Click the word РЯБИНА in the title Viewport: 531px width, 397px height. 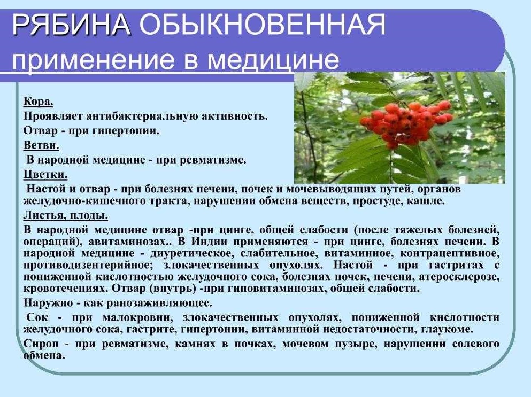[x=71, y=25]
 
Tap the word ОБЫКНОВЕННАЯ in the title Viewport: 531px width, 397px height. [x=262, y=25]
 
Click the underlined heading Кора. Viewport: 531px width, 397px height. [x=39, y=102]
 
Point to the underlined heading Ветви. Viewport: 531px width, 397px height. [x=41, y=145]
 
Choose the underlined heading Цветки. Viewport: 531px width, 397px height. [x=45, y=174]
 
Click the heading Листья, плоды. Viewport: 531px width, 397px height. [x=66, y=215]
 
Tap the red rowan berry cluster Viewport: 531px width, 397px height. [x=405, y=122]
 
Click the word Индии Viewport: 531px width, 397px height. [x=210, y=242]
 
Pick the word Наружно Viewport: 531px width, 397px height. [x=48, y=302]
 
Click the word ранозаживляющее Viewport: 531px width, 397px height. [x=159, y=303]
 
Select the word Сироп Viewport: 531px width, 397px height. [x=41, y=344]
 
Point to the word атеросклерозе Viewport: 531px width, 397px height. [x=459, y=277]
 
